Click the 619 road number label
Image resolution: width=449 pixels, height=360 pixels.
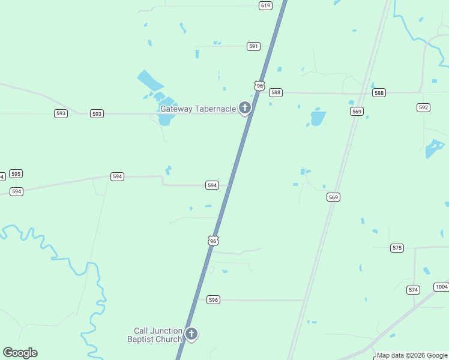pos(266,5)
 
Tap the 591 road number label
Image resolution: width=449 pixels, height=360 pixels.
pos(253,46)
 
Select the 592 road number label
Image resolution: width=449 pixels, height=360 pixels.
pos(424,107)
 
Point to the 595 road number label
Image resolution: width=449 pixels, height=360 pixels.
pos(16,174)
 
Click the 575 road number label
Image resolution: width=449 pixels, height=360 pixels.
pos(397,248)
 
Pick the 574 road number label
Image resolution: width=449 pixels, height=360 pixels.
pos(413,290)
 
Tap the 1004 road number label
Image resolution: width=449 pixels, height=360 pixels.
pos(441,287)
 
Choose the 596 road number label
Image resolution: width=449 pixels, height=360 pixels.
pos(213,299)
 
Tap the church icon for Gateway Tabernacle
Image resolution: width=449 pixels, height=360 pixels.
pos(244,108)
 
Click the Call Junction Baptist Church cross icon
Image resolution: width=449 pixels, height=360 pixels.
pos(191,334)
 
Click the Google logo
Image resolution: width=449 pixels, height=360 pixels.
pos(20,353)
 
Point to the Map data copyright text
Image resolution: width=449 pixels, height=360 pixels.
pos(412,355)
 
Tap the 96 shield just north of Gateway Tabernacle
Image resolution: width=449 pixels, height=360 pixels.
pos(259,86)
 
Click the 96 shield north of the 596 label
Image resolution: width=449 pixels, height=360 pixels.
pos(213,241)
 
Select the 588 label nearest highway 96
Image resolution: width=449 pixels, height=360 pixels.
pos(276,92)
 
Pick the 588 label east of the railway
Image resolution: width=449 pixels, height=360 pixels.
pos(379,93)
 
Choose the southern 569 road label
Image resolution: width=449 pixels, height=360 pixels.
pos(334,197)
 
